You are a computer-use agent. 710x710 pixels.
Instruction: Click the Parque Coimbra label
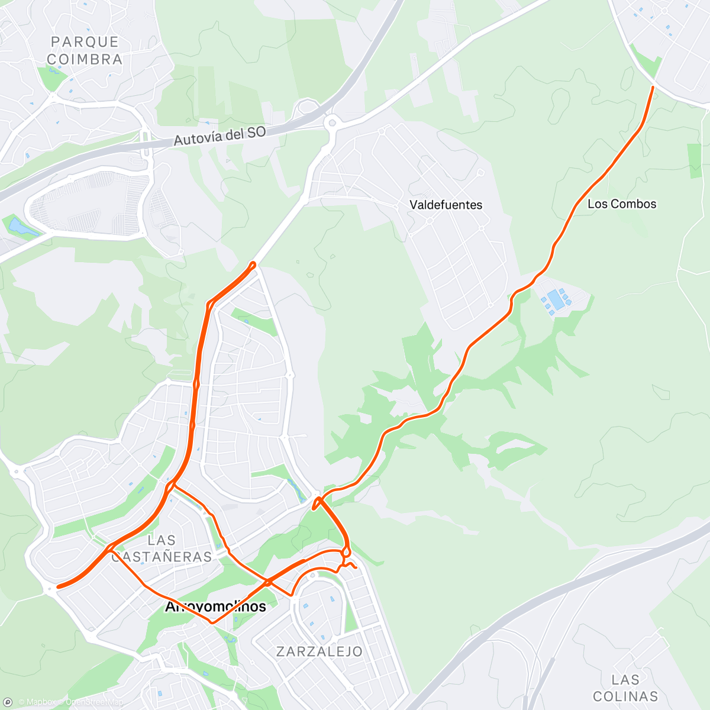tap(85, 50)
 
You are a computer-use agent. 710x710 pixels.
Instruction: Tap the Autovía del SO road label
tap(220, 136)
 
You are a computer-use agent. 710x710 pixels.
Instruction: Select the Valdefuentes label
tap(446, 205)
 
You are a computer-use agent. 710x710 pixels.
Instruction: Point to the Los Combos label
tap(621, 204)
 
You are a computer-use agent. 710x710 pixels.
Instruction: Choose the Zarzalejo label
tap(319, 651)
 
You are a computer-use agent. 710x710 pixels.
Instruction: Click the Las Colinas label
tap(625, 688)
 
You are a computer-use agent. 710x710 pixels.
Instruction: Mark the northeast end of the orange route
tap(653, 88)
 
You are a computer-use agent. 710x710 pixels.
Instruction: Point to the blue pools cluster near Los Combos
tap(556, 299)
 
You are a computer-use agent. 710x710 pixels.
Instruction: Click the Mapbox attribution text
tap(41, 702)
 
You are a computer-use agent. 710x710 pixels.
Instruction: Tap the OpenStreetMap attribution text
tap(95, 702)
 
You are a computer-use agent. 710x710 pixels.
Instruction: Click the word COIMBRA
tap(85, 59)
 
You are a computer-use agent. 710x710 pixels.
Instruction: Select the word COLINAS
tap(625, 696)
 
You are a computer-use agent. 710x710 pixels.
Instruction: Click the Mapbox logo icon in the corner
tap(8, 702)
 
